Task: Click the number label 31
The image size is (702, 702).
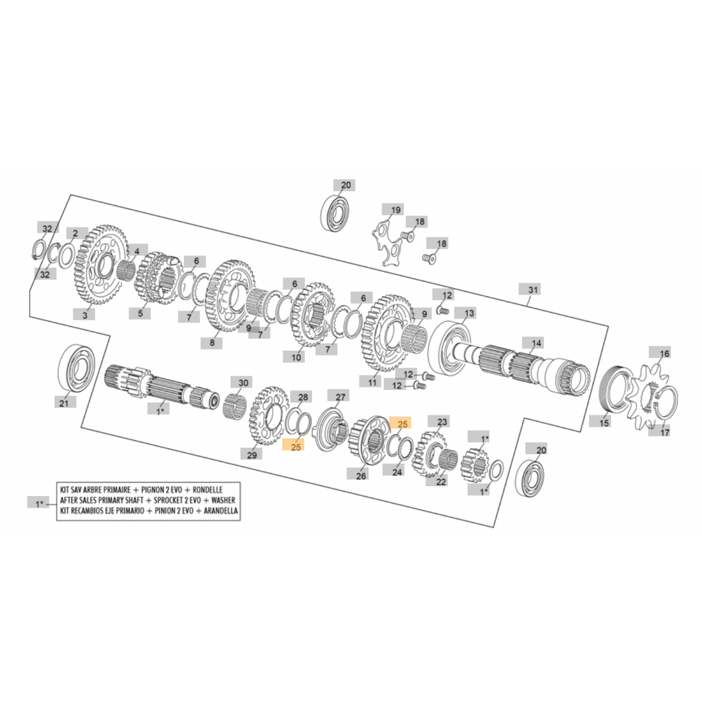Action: click(x=533, y=289)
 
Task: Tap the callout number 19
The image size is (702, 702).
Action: click(x=396, y=210)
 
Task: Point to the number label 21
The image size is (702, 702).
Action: click(x=64, y=403)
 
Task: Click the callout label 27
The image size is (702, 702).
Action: click(x=341, y=396)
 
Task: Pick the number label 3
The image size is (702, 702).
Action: click(x=84, y=315)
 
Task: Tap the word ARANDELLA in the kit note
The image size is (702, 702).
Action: click(x=217, y=511)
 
